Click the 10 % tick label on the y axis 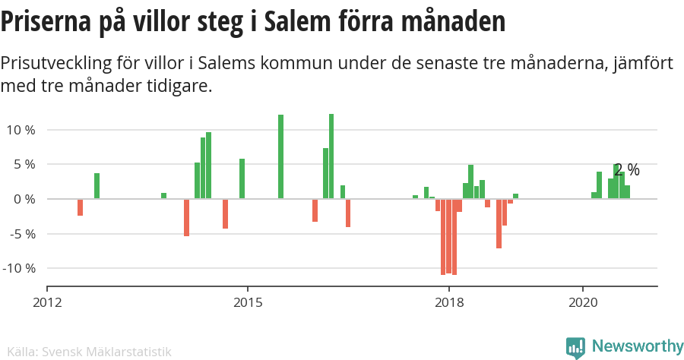21,130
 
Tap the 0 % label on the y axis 24,199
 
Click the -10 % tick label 18,268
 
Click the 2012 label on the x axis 47,303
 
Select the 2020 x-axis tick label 582,303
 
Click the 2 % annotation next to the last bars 627,170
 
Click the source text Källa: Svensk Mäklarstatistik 86,352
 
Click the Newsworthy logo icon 575,347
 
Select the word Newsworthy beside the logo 637,346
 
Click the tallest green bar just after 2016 331,156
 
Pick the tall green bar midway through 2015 280,156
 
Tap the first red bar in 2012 80,207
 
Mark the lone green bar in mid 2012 97,186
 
